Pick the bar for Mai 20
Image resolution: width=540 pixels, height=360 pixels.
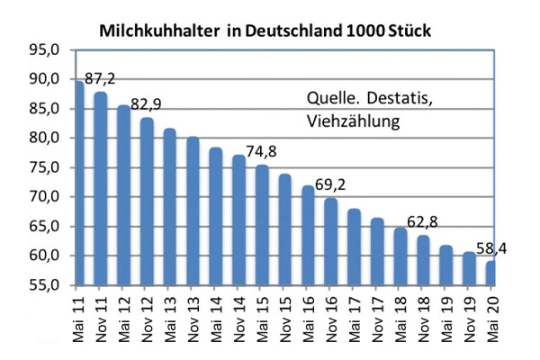coord(490,272)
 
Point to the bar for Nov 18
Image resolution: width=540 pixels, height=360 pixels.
coord(422,260)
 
